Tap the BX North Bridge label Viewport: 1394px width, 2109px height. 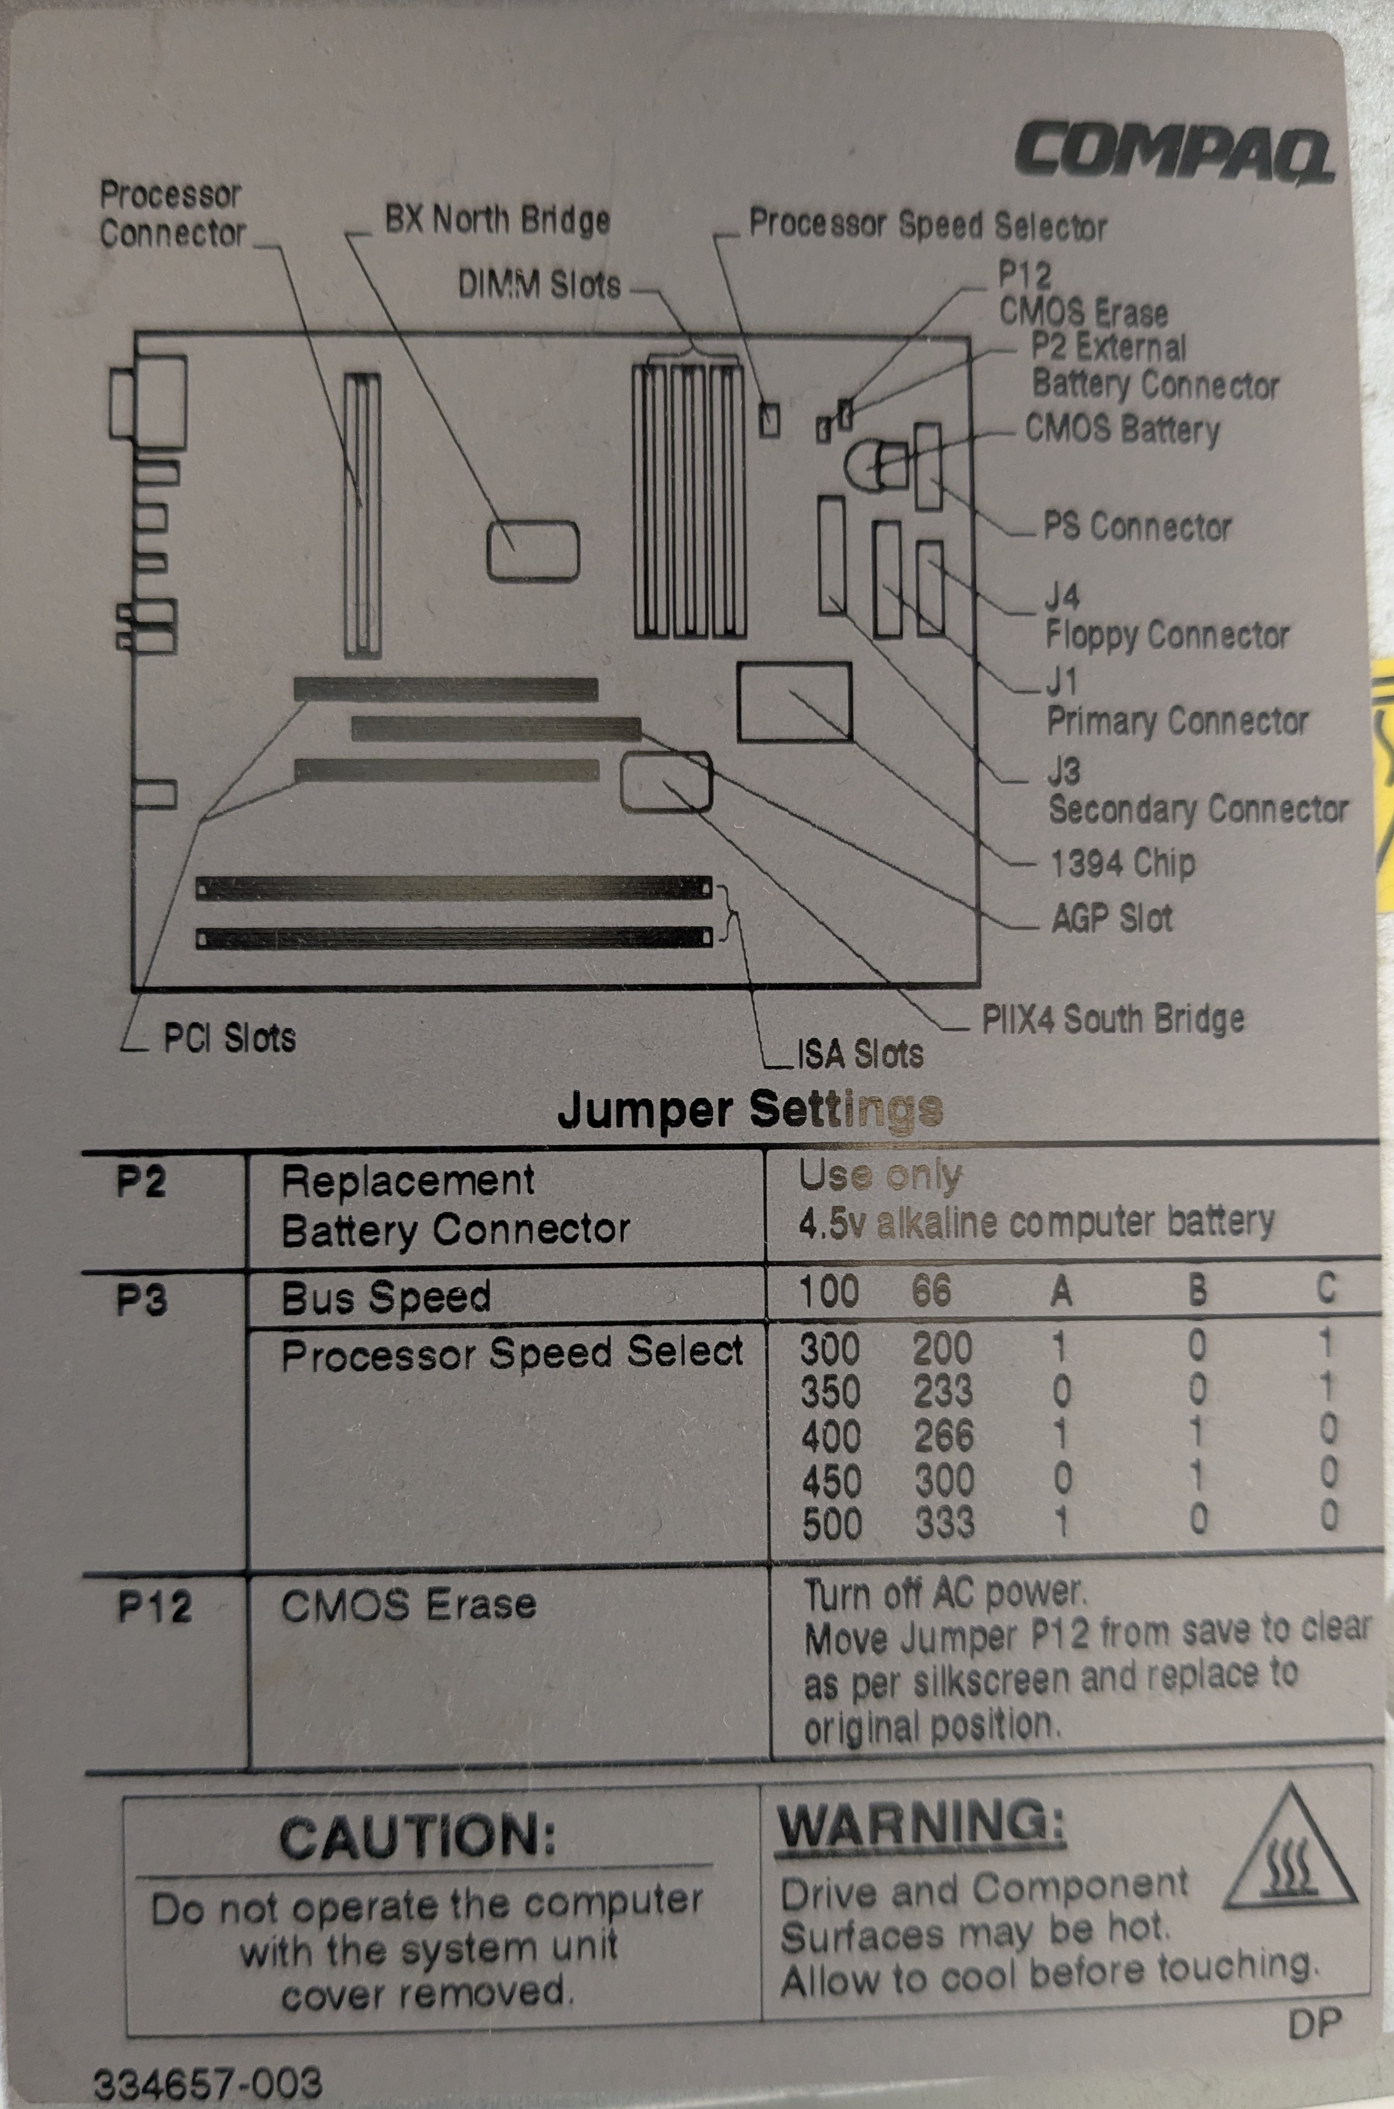pyautogui.click(x=497, y=218)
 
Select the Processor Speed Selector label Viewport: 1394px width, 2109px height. pyautogui.click(x=927, y=226)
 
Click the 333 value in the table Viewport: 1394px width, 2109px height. pyautogui.click(x=944, y=1522)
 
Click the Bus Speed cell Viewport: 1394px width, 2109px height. pyautogui.click(x=386, y=1297)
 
